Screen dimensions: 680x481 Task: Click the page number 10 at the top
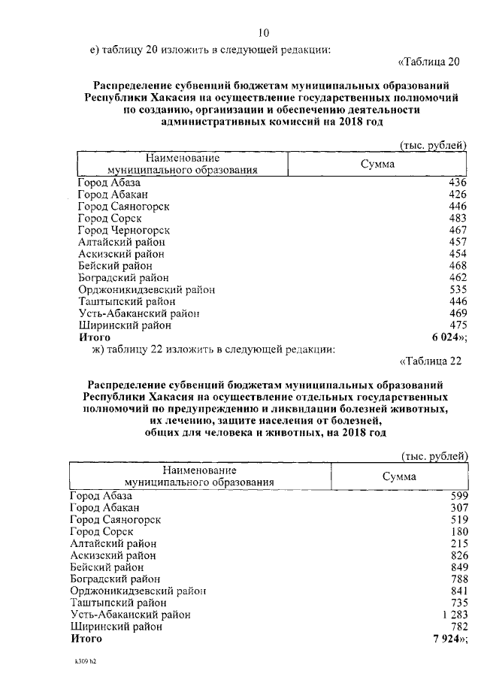click(x=263, y=32)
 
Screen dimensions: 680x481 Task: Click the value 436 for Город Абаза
click(x=458, y=183)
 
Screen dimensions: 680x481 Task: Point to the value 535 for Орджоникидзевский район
click(x=458, y=289)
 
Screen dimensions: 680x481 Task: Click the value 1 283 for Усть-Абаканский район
click(x=452, y=615)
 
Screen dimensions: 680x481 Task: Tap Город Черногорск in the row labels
click(x=124, y=230)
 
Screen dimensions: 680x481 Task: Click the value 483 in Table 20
click(x=458, y=218)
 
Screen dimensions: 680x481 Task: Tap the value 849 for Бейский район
click(x=458, y=567)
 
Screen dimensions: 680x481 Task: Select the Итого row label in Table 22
click(x=86, y=639)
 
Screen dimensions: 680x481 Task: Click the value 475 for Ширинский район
click(x=458, y=325)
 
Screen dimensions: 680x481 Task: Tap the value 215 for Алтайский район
click(x=458, y=543)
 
